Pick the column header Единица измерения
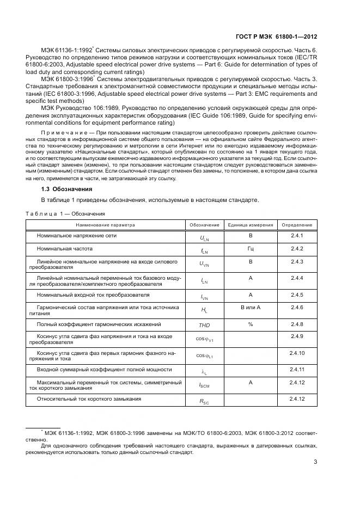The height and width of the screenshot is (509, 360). tap(251, 225)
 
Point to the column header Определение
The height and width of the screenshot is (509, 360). tap(296, 225)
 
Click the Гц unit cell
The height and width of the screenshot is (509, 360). tap(251, 249)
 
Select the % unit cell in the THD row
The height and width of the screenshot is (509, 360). tap(251, 324)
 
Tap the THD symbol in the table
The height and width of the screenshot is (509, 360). tap(204, 325)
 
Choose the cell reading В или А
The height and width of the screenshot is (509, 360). tap(251, 308)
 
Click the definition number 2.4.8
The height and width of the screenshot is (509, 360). tap(296, 324)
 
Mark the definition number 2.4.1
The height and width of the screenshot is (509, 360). tap(296, 235)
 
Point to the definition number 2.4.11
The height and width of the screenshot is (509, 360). tap(296, 370)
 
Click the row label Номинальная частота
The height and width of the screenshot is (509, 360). tap(65, 249)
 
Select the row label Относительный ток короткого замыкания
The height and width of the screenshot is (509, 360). tap(89, 399)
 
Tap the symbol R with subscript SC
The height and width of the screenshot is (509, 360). tap(204, 401)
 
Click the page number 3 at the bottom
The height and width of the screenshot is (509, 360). tap(315, 463)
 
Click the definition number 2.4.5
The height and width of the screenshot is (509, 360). tap(296, 295)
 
